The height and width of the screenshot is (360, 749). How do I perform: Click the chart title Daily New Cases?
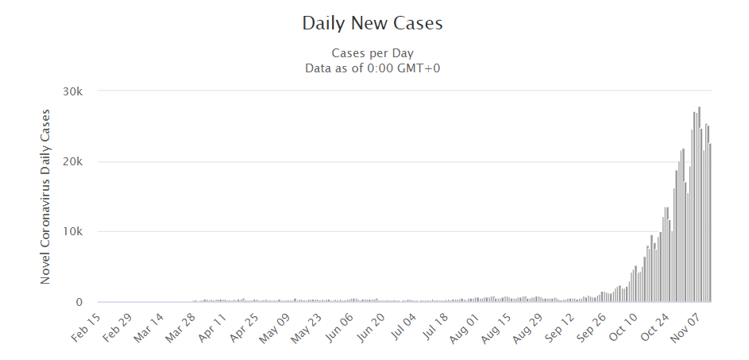(373, 24)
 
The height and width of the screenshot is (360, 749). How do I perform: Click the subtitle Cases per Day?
(373, 53)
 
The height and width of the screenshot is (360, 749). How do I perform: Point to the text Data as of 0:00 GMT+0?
(373, 68)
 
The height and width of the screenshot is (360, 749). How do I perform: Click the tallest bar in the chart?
(699, 205)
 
